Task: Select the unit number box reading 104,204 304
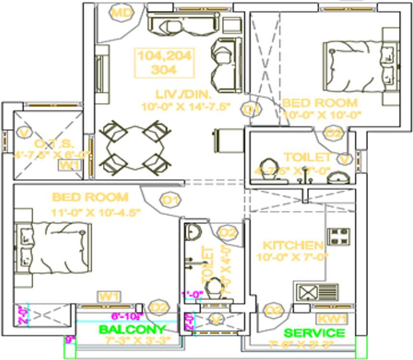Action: [165, 62]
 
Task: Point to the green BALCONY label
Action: [132, 330]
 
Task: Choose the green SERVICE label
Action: [314, 333]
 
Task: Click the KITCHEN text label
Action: [293, 245]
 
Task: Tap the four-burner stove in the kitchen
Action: [339, 237]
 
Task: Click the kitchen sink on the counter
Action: [316, 292]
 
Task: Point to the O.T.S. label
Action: [47, 144]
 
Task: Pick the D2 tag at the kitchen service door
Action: [274, 310]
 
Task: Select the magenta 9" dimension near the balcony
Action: [71, 340]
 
